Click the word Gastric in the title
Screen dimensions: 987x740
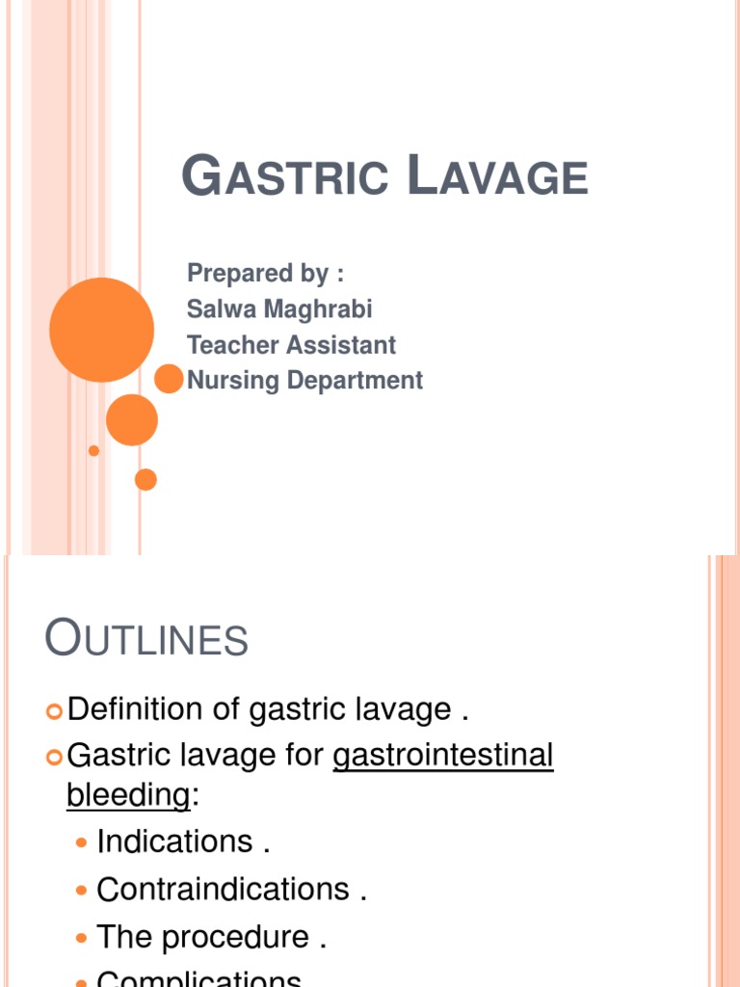pyautogui.click(x=285, y=177)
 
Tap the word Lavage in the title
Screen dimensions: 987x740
pyautogui.click(x=495, y=177)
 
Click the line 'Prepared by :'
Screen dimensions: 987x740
pyautogui.click(x=266, y=274)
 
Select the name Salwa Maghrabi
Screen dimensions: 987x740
pyautogui.click(x=279, y=309)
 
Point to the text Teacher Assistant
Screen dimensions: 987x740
pyautogui.click(x=291, y=345)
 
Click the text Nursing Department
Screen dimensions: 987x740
pyautogui.click(x=304, y=381)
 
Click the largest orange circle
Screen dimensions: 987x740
pyautogui.click(x=101, y=330)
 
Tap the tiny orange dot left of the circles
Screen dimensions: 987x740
pyautogui.click(x=93, y=450)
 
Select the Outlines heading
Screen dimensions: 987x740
pyautogui.click(x=146, y=639)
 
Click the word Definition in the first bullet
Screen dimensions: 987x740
pyautogui.click(x=136, y=710)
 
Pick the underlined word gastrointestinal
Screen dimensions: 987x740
pyautogui.click(x=442, y=755)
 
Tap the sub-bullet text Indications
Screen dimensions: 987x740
pyautogui.click(x=174, y=841)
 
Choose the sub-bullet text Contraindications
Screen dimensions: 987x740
pyautogui.click(x=223, y=889)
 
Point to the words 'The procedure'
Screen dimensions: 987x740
pyautogui.click(x=202, y=937)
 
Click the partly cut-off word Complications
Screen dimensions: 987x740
pyautogui.click(x=198, y=978)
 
